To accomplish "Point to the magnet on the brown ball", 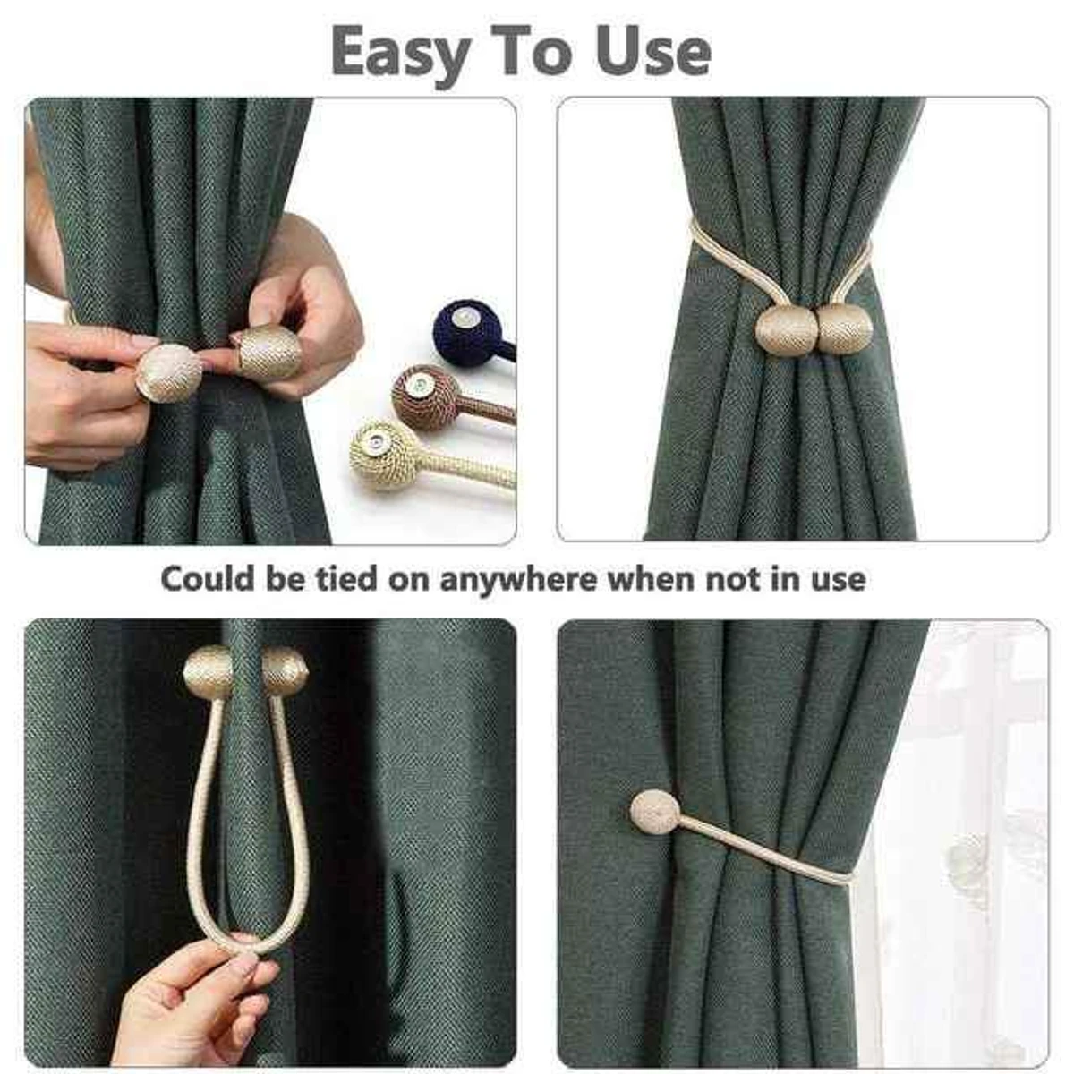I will [417, 385].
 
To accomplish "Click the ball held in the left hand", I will [168, 372].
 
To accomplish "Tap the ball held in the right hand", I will [267, 352].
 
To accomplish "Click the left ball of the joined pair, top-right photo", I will [786, 330].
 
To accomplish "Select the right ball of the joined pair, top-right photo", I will [844, 328].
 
